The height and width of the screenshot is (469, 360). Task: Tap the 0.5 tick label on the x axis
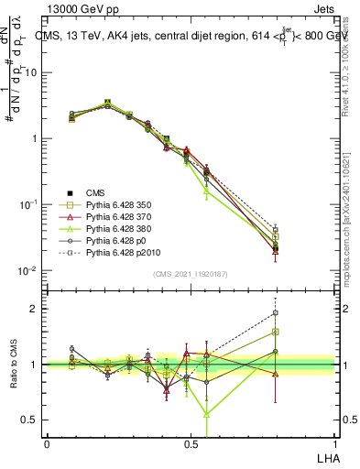point(191,443)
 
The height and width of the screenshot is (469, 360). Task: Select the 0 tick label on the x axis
point(47,443)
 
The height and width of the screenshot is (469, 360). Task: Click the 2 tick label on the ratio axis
point(34,309)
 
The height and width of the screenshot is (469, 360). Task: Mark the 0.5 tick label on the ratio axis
point(29,420)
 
